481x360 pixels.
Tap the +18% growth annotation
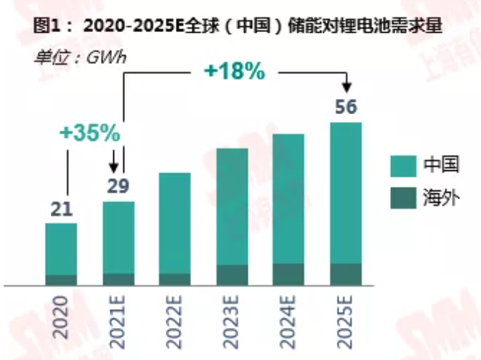(x=233, y=73)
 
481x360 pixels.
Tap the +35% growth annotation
(x=89, y=134)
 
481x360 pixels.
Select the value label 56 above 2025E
(x=346, y=107)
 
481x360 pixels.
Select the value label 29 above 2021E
(x=118, y=185)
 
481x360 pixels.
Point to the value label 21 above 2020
(x=61, y=209)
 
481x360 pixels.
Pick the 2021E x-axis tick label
(x=118, y=320)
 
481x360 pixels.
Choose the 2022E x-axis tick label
(x=175, y=320)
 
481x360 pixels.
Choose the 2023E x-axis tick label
(x=233, y=320)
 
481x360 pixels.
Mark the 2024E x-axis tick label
(x=289, y=320)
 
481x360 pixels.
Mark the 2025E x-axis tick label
(x=346, y=320)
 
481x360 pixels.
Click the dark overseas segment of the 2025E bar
(x=346, y=274)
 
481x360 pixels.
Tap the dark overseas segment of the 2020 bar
(x=61, y=280)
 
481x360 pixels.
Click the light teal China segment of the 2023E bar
(x=233, y=207)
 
